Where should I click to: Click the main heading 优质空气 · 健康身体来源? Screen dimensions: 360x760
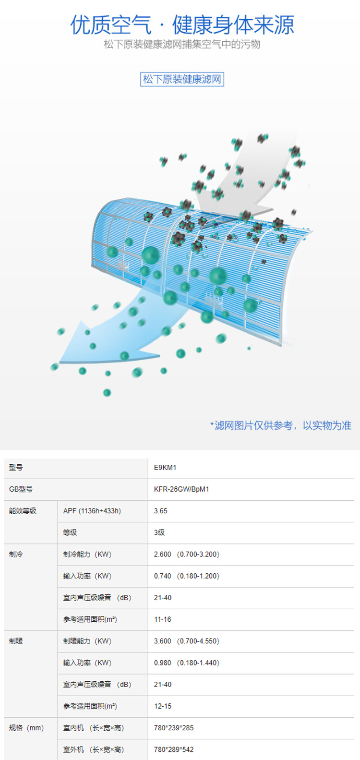(182, 25)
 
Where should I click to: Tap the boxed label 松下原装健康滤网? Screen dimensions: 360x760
(182, 79)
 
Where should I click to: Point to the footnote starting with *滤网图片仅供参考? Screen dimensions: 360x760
(281, 425)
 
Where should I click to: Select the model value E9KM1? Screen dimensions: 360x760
(165, 468)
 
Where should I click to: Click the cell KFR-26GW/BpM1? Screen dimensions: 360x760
(181, 489)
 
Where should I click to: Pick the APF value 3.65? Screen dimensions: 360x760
(160, 511)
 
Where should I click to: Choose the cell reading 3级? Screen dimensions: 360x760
(159, 533)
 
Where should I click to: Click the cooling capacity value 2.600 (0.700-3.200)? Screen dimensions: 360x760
(187, 555)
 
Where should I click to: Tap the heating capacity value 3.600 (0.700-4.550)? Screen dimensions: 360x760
(187, 641)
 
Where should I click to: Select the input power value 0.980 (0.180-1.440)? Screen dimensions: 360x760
(187, 663)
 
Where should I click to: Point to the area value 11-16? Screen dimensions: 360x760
(163, 619)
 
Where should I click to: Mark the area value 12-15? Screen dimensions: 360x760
(163, 706)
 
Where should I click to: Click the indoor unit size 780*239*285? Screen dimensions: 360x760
(174, 728)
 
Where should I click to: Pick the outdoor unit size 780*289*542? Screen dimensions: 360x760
(174, 750)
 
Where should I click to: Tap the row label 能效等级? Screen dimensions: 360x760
(23, 511)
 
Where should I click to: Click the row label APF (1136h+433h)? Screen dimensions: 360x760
(92, 511)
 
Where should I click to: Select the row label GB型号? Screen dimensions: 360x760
(21, 489)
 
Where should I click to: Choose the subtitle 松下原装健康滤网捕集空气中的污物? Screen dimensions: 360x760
(182, 45)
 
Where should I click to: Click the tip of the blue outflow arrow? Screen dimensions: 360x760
(60, 362)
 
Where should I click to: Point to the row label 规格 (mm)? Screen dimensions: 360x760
(26, 728)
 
